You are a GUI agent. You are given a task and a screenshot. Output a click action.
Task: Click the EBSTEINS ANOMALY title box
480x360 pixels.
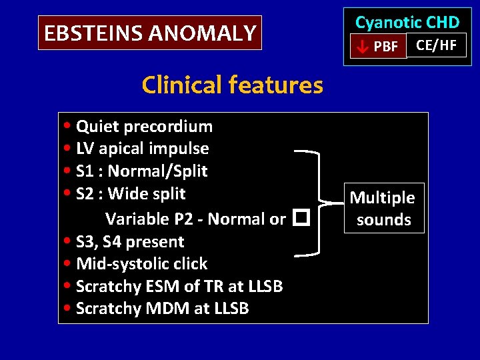150,33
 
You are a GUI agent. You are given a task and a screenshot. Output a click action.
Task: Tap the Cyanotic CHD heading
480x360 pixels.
407,22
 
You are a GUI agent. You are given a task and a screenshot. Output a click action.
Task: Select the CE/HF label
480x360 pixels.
436,45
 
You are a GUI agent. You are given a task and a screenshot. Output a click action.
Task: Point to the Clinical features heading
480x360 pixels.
232,85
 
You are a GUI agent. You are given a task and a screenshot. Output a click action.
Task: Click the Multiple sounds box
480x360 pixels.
383,209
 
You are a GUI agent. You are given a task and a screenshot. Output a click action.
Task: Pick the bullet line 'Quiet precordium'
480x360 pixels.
144,127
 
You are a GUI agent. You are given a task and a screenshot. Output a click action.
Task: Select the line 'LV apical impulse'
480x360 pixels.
142,149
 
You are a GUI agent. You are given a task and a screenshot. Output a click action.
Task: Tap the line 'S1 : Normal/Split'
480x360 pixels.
141,171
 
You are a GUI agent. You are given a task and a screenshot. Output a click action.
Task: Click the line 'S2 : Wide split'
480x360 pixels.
131,194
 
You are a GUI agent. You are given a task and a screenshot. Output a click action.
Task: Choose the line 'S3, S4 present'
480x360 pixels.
130,241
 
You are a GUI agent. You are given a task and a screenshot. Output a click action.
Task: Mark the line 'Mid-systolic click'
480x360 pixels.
141,264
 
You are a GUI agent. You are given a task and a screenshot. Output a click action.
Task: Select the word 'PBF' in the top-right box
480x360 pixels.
386,47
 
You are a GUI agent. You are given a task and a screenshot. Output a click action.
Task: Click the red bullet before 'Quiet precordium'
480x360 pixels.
70,127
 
